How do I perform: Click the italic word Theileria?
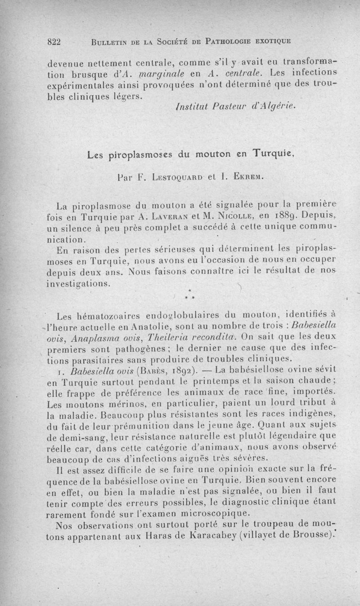[163, 337]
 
